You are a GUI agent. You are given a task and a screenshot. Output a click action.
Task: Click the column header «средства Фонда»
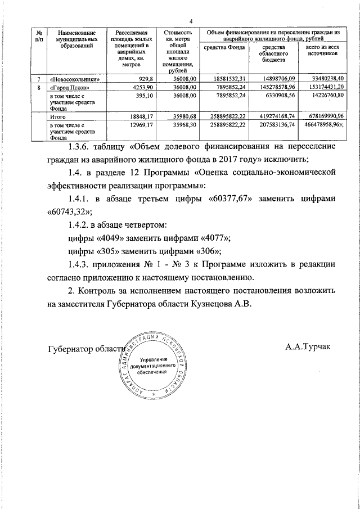(x=223, y=48)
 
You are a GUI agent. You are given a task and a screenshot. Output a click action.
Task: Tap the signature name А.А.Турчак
(x=308, y=346)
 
